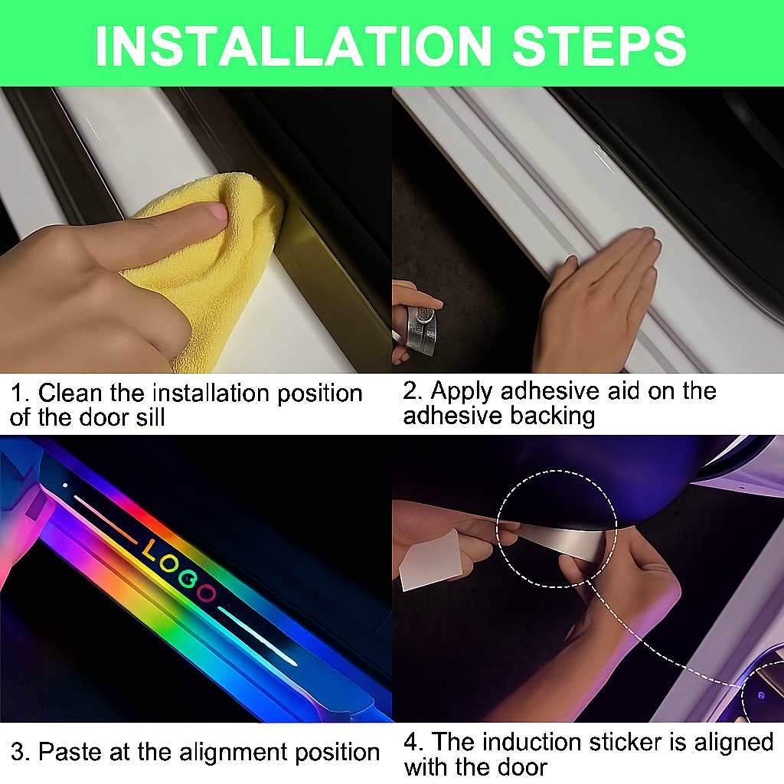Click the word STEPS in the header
pos(599,46)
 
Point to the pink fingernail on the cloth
pos(218,212)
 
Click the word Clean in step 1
pos(70,393)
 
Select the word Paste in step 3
pos(70,752)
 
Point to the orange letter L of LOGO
pos(149,550)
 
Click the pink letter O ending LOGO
pos(206,593)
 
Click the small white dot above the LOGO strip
pos(65,485)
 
